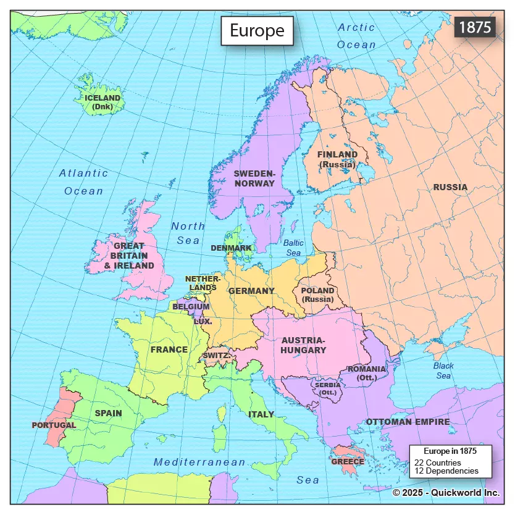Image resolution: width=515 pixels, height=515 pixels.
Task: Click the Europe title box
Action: tap(257, 30)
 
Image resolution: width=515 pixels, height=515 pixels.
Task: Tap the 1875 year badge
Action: tap(475, 28)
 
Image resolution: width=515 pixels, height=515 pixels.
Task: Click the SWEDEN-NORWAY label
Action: tap(254, 178)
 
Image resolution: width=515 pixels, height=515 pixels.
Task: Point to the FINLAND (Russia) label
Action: tap(337, 159)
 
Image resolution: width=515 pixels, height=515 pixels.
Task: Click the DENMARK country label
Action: tap(231, 248)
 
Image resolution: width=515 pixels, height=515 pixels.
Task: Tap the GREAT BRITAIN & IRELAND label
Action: tap(129, 256)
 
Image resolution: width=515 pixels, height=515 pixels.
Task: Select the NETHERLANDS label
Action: tap(203, 283)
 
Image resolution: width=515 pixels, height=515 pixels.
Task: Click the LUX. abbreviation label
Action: tap(203, 321)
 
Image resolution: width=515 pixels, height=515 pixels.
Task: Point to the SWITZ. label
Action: tap(217, 356)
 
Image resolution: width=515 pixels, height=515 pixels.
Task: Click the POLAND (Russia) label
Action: tap(317, 295)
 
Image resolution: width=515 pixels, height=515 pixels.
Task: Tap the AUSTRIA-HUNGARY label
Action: tap(303, 345)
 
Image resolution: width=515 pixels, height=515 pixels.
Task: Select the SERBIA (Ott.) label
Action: tap(327, 388)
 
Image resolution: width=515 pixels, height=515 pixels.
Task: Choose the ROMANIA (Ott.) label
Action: tap(367, 373)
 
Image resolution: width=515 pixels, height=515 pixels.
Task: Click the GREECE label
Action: tap(348, 461)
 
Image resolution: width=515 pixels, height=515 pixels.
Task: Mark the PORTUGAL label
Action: tap(54, 425)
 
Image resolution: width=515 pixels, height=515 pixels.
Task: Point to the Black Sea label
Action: tap(443, 371)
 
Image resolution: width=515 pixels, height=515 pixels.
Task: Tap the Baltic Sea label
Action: tap(293, 248)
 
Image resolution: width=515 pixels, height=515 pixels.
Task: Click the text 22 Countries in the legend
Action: tap(437, 463)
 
